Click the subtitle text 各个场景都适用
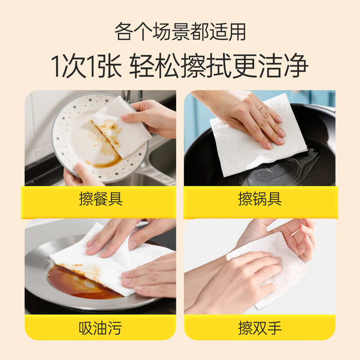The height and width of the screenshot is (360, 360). click(180, 32)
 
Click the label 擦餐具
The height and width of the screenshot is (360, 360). click(100, 199)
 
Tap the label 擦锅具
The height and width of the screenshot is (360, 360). click(260, 199)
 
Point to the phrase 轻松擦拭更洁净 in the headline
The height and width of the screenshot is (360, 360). click(219, 67)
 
